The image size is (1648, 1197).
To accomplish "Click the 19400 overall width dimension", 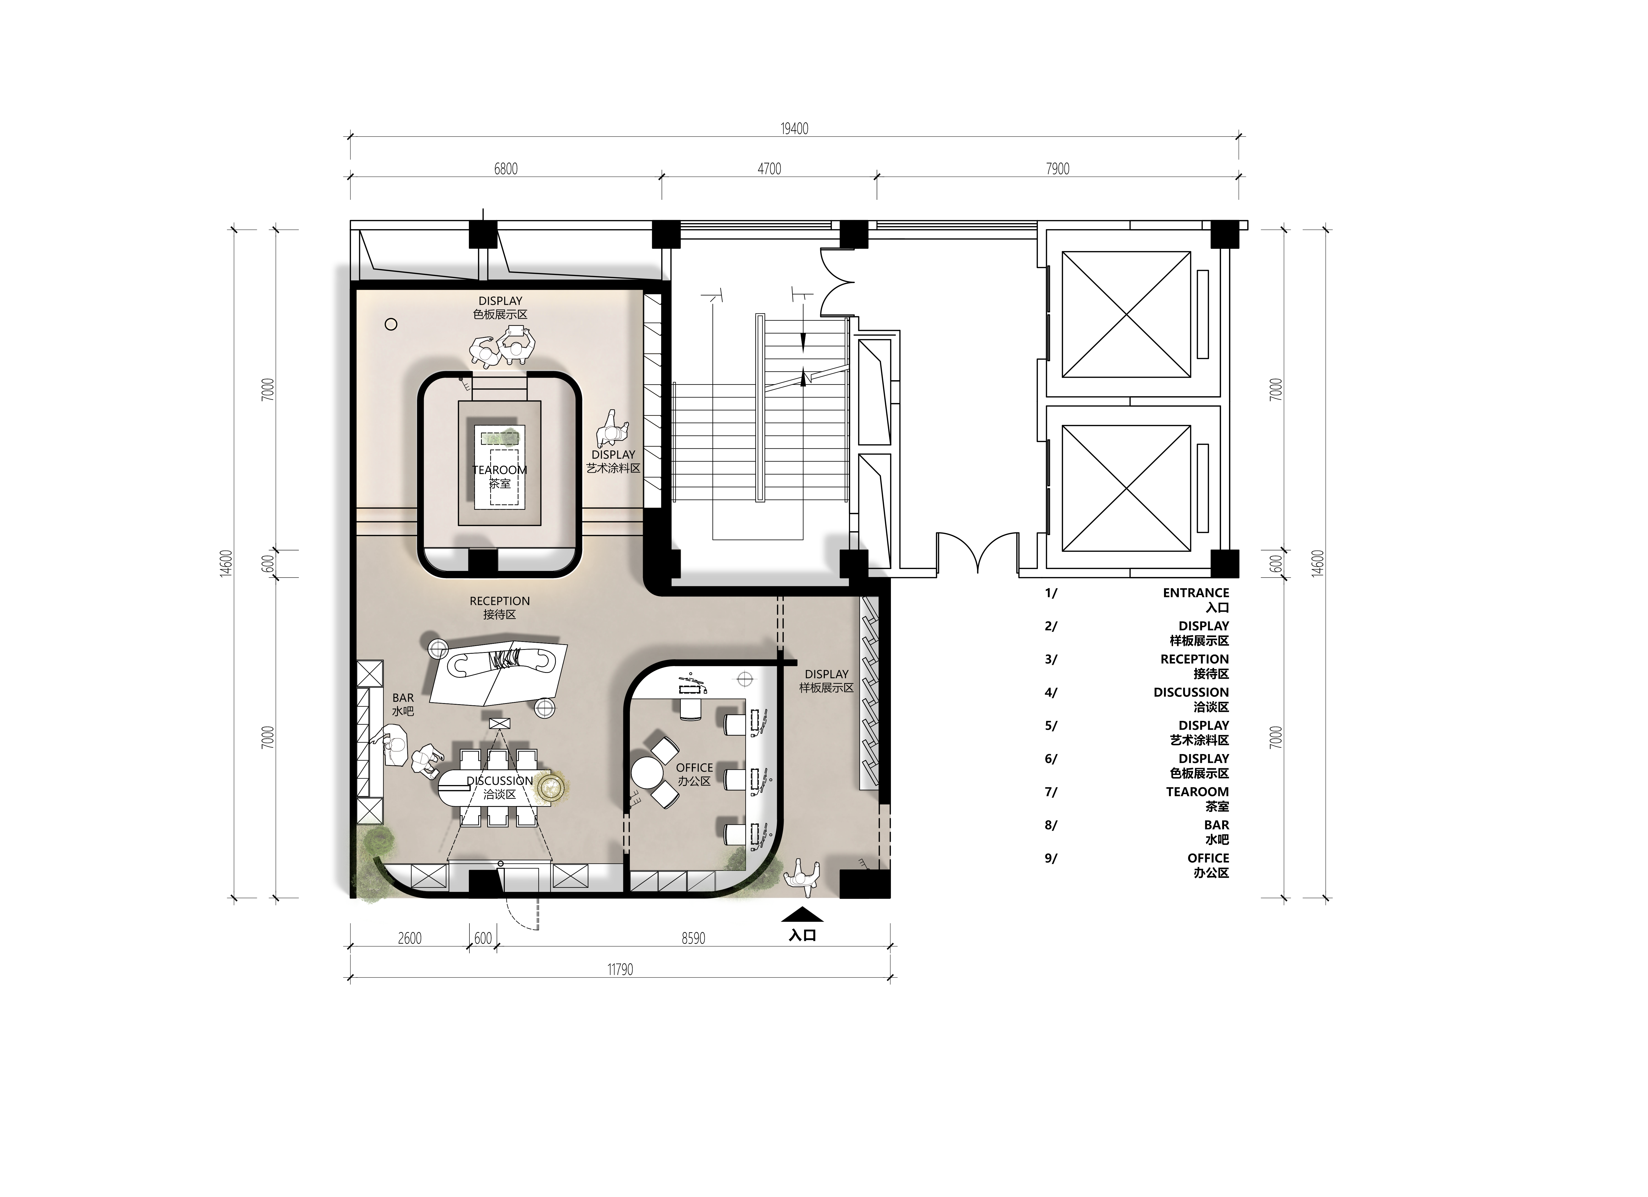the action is [794, 129].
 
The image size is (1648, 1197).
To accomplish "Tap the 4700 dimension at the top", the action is [769, 169].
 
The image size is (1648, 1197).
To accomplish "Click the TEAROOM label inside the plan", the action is [500, 470].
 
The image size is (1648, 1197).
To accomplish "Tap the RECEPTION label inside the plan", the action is [500, 601].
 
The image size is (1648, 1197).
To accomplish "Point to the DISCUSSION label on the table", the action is [500, 781].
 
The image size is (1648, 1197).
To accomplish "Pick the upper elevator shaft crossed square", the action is [1126, 314].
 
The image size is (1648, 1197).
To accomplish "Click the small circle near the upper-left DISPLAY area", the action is [391, 325].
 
